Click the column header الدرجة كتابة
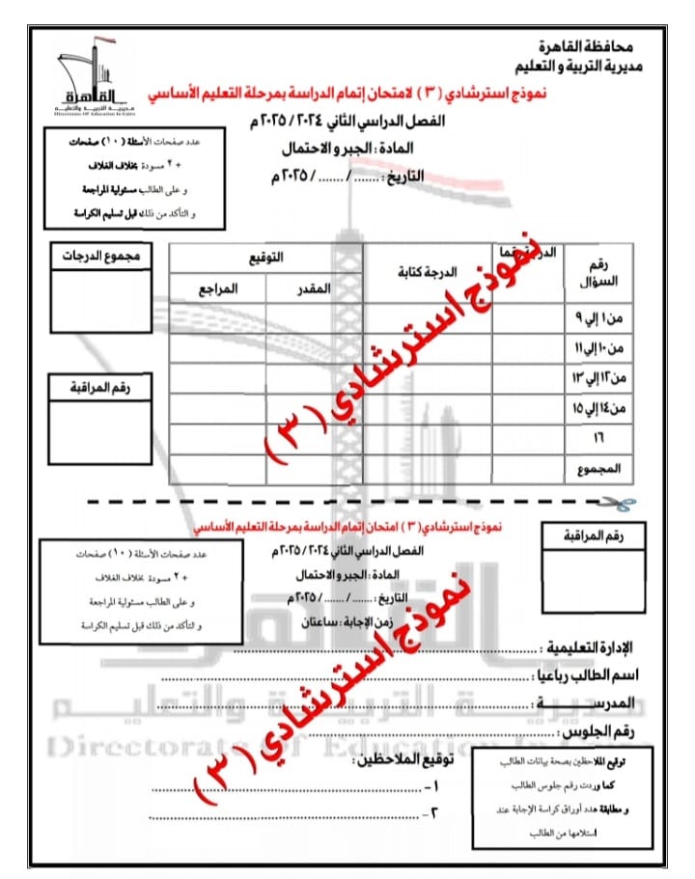[x=428, y=272]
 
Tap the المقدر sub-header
[x=313, y=289]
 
